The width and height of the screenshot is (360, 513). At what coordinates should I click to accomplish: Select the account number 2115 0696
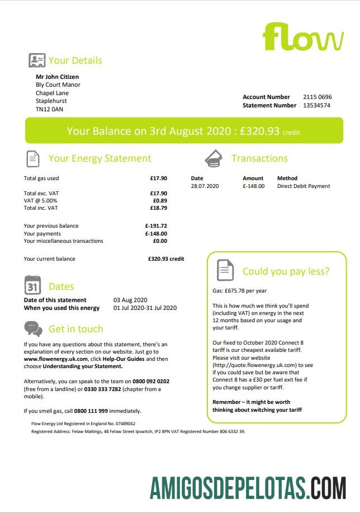tap(317, 97)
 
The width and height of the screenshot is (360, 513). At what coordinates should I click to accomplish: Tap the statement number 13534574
tap(316, 105)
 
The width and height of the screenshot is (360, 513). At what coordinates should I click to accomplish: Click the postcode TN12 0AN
tap(49, 110)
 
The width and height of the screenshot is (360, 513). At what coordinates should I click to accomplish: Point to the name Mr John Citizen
tap(57, 77)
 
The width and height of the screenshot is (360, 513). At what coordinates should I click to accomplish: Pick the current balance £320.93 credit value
tap(166, 259)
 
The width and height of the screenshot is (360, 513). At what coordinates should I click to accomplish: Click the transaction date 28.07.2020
tap(205, 186)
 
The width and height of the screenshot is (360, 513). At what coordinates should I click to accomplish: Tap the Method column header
tap(287, 178)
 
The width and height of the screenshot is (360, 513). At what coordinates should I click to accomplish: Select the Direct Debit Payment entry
tap(304, 186)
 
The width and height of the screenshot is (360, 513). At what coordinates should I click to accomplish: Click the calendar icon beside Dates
tap(33, 285)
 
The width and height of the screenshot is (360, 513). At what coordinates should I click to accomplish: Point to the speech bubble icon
tap(33, 328)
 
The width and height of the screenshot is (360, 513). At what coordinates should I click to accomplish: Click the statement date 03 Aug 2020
tap(130, 300)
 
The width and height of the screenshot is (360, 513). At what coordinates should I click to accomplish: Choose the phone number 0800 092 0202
tap(151, 382)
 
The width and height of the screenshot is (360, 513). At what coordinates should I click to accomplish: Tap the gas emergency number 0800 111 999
tap(92, 411)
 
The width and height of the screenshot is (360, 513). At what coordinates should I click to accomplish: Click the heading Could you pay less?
tap(286, 272)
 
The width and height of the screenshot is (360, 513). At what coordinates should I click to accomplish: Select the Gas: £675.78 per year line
tap(239, 291)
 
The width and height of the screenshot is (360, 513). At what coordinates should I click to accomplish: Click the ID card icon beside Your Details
tap(37, 60)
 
